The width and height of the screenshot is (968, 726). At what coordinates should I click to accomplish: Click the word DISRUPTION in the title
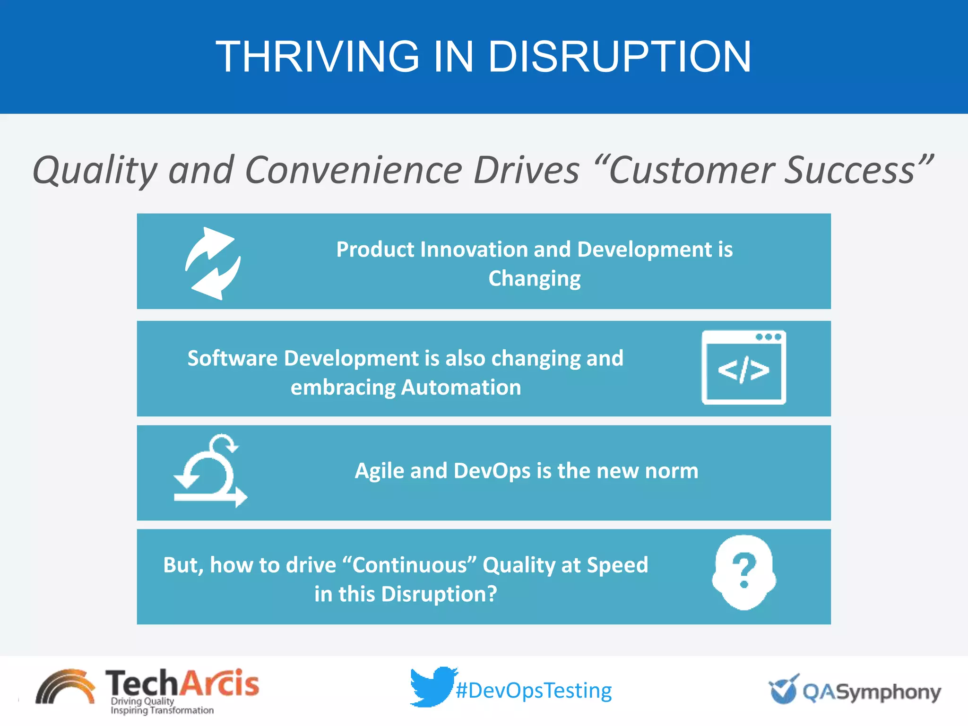pos(619,57)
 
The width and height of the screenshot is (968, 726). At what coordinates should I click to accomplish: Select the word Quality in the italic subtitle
pos(95,170)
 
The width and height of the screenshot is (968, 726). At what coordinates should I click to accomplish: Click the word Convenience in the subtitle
pos(354,170)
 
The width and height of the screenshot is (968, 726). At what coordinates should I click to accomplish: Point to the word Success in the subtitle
pos(851,170)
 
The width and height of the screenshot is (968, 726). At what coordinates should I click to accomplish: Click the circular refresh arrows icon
pos(213,263)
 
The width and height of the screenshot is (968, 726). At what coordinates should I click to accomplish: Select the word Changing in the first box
pos(535,278)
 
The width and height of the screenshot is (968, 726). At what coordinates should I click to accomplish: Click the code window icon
pos(743,368)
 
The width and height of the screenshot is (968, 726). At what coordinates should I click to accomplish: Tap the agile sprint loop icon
pos(210,471)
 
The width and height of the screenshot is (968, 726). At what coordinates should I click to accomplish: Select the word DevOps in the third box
pos(492,471)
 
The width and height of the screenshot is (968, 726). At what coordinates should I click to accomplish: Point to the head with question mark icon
pos(743,572)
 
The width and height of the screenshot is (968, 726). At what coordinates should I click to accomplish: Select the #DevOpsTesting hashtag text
pos(534,691)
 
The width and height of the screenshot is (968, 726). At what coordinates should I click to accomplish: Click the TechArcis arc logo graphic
pos(65,687)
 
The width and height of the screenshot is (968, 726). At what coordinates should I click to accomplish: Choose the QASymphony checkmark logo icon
pos(784,689)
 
